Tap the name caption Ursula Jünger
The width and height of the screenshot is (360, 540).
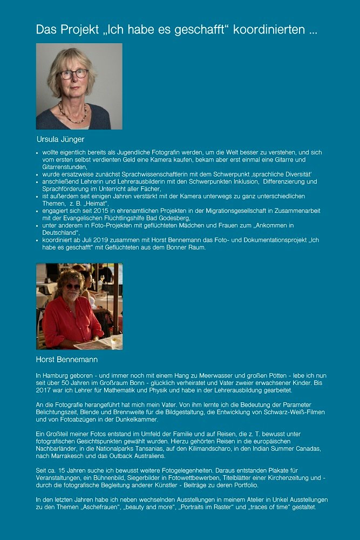pyautogui.click(x=60, y=139)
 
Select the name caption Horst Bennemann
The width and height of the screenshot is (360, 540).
pyautogui.click(x=66, y=359)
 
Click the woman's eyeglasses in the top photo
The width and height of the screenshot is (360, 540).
pyautogui.click(x=74, y=73)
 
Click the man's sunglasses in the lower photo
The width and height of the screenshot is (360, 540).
pyautogui.click(x=72, y=286)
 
